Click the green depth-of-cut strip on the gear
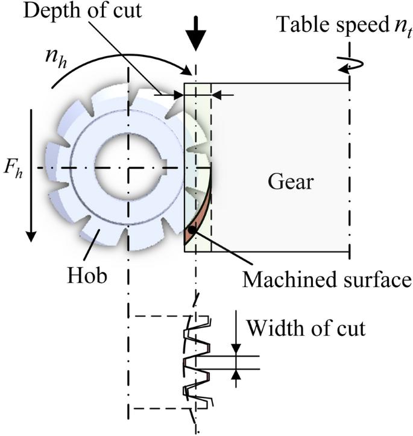[x=197, y=121]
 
